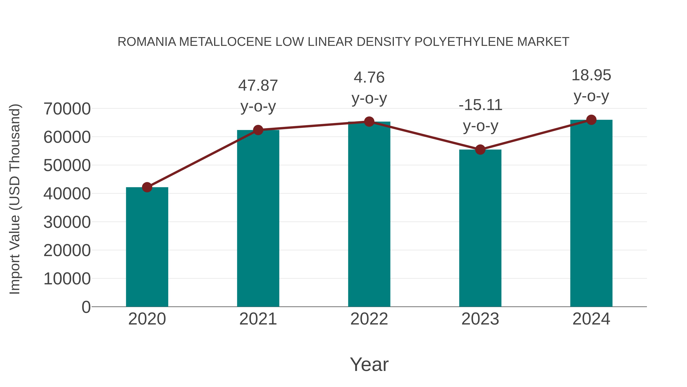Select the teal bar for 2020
[x=147, y=247]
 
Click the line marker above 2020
[x=147, y=187]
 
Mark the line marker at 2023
[x=480, y=150]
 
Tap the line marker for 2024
[x=591, y=120]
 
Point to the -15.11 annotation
[x=480, y=115]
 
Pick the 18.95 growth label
[x=591, y=85]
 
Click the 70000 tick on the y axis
[x=67, y=109]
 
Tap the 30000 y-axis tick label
[x=67, y=222]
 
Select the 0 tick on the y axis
[x=86, y=307]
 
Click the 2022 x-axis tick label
[x=369, y=319]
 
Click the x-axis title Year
[x=369, y=364]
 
